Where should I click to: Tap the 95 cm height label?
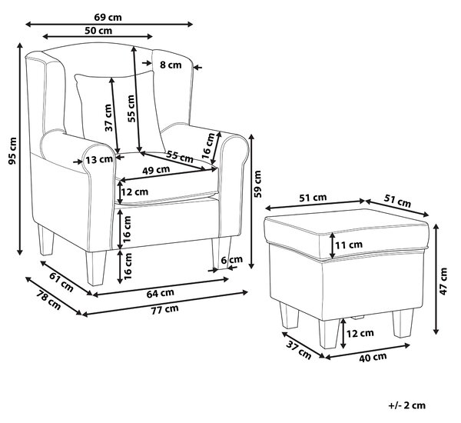[12, 151]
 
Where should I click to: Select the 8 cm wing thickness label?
[171, 65]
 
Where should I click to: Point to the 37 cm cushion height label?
[108, 118]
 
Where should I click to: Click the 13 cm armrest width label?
[99, 159]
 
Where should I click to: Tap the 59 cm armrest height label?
[257, 184]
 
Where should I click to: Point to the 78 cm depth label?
[49, 301]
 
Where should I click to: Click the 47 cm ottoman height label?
[443, 281]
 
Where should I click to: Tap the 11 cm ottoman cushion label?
[349, 245]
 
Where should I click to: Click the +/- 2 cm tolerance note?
[407, 405]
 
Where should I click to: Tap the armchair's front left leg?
[96, 268]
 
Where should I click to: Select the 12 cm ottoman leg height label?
[360, 334]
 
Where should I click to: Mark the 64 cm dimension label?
[161, 293]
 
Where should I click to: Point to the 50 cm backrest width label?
[98, 30]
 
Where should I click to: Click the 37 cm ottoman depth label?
[299, 349]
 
